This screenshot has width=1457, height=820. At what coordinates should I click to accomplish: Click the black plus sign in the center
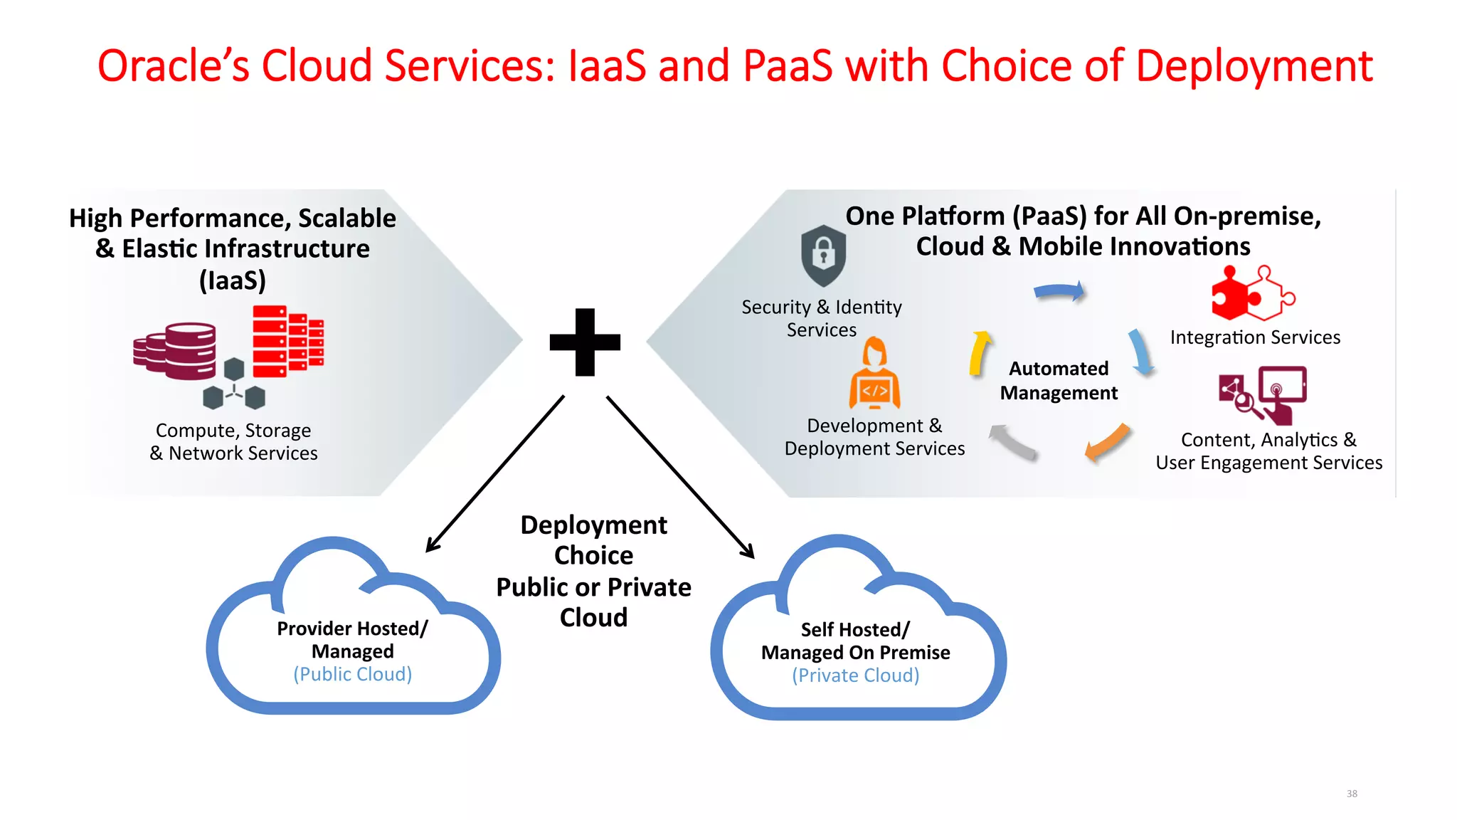pyautogui.click(x=585, y=342)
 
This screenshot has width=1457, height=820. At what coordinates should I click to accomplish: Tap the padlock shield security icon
pyautogui.click(x=823, y=255)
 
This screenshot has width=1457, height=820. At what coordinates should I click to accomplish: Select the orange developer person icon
pyautogui.click(x=874, y=374)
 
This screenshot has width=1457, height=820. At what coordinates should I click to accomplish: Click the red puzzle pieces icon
pyautogui.click(x=1252, y=294)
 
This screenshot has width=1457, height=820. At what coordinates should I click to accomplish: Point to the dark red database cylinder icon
pyautogui.click(x=176, y=352)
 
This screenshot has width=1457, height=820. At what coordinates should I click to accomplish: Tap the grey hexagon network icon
pyautogui.click(x=234, y=385)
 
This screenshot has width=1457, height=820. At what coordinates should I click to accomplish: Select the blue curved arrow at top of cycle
pyautogui.click(x=1059, y=291)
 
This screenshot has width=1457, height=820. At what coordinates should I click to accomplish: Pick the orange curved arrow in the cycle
pyautogui.click(x=1107, y=442)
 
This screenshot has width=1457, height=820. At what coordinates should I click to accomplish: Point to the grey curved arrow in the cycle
pyautogui.click(x=1012, y=441)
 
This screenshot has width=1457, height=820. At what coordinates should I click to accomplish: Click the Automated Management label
pyautogui.click(x=1059, y=381)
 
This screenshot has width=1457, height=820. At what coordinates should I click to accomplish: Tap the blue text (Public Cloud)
pyautogui.click(x=353, y=674)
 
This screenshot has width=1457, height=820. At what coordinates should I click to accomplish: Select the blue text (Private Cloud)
pyautogui.click(x=856, y=676)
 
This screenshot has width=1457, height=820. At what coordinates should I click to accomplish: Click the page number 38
pyautogui.click(x=1352, y=794)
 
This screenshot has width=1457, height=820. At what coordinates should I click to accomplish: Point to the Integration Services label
pyautogui.click(x=1255, y=337)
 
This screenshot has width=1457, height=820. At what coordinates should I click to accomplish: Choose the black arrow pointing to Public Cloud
pyautogui.click(x=495, y=473)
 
